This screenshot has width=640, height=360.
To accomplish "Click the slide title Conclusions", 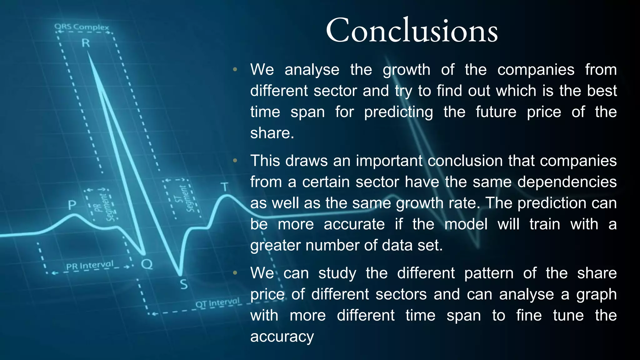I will tap(412, 31).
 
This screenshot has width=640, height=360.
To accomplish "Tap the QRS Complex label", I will tap(82, 27).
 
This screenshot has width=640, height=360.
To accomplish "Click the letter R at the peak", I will tap(86, 43).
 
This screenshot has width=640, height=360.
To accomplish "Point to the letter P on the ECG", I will tap(72, 205).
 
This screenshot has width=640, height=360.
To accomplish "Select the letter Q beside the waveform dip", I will tap(147, 264).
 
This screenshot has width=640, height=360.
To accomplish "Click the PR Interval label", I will tap(90, 266).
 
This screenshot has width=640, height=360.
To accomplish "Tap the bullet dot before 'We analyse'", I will tap(235, 69).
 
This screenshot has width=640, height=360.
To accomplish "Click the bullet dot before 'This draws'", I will tap(235, 161).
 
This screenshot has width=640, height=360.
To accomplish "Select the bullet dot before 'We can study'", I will tap(235, 273).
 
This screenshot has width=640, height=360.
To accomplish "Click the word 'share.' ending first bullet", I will tap(272, 133).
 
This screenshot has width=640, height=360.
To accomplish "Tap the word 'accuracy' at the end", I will tap(282, 337).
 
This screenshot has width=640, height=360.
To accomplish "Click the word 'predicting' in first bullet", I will tap(398, 112).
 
